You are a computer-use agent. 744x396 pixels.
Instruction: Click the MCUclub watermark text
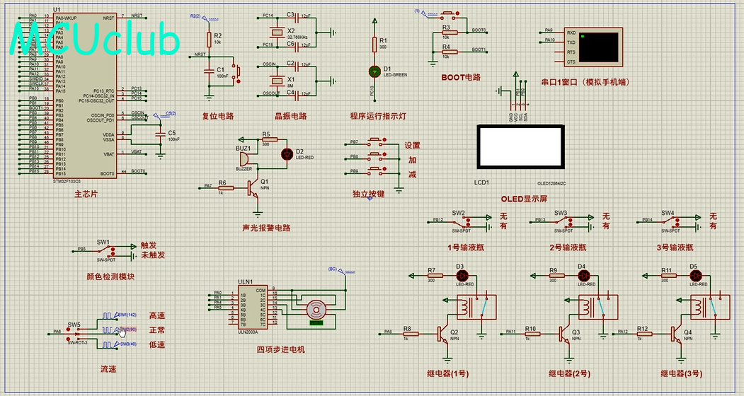click(x=96, y=41)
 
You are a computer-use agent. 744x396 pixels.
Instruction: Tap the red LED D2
click(x=287, y=153)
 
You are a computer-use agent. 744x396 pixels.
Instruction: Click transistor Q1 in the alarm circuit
click(x=253, y=187)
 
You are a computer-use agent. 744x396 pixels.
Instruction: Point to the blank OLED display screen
click(x=520, y=146)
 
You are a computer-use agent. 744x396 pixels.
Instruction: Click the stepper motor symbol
click(x=315, y=310)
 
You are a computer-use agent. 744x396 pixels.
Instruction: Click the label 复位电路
click(x=218, y=116)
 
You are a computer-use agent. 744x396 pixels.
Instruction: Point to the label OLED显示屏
click(x=524, y=199)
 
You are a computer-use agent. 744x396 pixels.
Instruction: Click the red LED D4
click(x=583, y=275)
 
